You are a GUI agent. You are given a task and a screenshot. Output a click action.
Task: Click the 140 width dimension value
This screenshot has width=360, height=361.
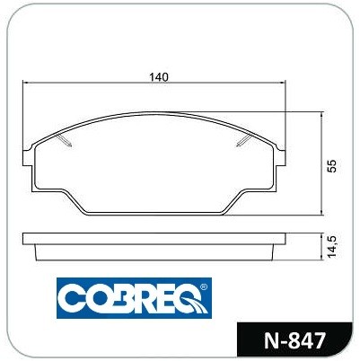tap(159, 77)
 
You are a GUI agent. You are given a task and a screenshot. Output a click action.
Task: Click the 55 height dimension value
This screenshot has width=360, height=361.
tap(332, 165)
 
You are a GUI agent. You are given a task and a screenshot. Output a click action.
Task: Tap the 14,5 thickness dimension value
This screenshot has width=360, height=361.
tap(332, 247)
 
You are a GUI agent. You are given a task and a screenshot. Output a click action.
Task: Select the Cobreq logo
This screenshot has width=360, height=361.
tap(134, 298)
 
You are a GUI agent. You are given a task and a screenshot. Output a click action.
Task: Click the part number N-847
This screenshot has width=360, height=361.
tap(294, 340)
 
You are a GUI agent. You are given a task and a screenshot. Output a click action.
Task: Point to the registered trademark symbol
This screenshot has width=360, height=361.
tap(204, 286)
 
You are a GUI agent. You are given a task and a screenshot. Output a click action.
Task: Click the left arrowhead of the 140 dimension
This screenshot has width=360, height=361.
tap(25, 82)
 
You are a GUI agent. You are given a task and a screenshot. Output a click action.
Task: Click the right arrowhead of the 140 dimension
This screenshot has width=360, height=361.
tap(283, 82)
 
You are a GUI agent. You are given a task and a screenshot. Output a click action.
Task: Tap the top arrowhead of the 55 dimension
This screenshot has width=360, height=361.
tap(321, 115)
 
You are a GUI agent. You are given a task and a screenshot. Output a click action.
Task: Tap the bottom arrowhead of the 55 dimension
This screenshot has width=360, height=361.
tap(321, 212)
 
